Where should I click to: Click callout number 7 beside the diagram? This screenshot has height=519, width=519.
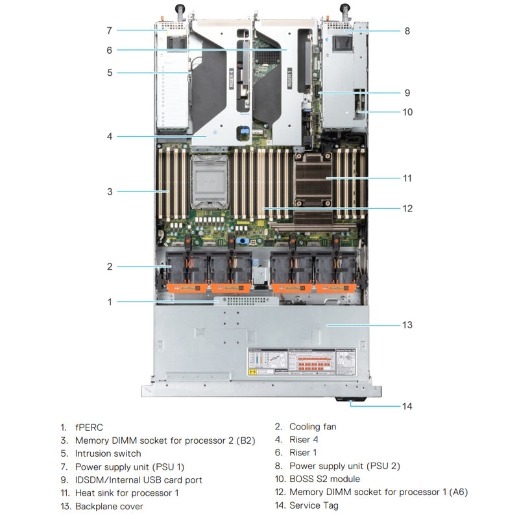pyautogui.click(x=110, y=30)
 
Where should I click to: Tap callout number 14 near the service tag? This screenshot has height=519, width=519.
pyautogui.click(x=407, y=406)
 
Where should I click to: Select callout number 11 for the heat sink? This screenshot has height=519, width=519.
pyautogui.click(x=407, y=178)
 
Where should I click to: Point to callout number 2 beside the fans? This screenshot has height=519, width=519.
pyautogui.click(x=110, y=266)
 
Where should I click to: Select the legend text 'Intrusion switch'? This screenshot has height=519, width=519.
pyautogui.click(x=108, y=453)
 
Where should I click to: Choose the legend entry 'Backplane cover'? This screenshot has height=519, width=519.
pyautogui.click(x=109, y=506)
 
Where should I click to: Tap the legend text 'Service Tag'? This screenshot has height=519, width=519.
pyautogui.click(x=313, y=505)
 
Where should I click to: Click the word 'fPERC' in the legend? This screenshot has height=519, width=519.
pyautogui.click(x=89, y=427)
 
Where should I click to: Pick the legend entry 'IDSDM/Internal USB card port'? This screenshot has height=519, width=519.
pyautogui.click(x=138, y=479)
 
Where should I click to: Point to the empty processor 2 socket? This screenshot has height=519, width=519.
pyautogui.click(x=210, y=183)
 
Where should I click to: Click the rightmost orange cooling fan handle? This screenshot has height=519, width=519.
pyautogui.click(x=334, y=287)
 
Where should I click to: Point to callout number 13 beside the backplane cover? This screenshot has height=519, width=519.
pyautogui.click(x=407, y=324)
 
